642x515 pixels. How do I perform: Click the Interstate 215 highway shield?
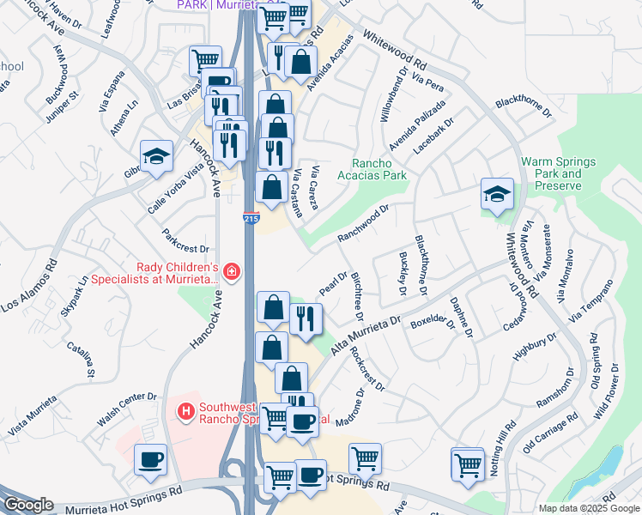251,219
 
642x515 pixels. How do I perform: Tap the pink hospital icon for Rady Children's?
231,273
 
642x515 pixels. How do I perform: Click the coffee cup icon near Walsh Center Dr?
151,459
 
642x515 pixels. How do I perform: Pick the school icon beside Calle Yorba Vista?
156,155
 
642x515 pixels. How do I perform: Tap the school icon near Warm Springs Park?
497,193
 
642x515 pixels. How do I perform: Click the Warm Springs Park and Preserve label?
550,173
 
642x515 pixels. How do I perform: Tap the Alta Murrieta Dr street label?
366,335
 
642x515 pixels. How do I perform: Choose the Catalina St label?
83,360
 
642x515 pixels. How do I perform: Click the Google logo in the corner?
27,505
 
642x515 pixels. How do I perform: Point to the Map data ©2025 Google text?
588,508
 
